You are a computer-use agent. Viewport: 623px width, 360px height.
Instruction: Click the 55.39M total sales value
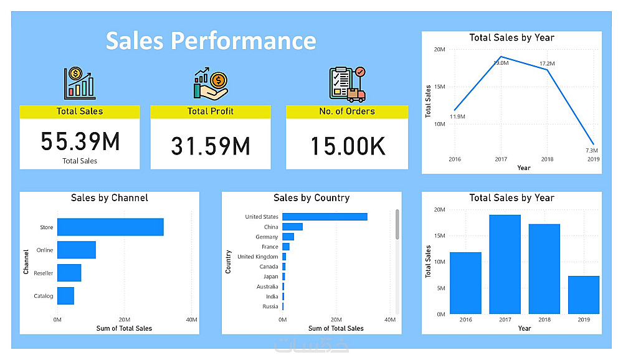80,142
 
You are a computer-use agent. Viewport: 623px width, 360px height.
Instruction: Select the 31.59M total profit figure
211,146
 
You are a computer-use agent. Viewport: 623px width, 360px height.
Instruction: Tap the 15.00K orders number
348,146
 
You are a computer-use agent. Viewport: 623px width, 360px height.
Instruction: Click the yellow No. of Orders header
347,111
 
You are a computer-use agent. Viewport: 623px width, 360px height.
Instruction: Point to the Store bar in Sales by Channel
110,227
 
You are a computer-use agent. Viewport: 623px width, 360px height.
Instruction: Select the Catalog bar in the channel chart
65,296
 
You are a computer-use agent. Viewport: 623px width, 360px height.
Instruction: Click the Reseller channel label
44,273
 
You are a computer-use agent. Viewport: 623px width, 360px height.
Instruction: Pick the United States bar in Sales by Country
325,217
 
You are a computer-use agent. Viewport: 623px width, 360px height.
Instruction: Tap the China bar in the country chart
292,227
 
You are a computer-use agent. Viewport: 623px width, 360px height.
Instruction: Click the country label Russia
270,306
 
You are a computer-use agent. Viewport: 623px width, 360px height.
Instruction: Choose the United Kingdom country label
258,257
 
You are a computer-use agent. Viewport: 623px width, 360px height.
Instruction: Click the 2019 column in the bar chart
584,295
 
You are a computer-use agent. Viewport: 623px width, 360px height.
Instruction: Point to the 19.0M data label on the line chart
502,63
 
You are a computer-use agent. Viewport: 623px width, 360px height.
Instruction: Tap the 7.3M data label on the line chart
591,151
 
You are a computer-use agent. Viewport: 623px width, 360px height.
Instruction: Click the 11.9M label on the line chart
457,117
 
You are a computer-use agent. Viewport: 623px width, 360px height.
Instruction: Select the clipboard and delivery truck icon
346,84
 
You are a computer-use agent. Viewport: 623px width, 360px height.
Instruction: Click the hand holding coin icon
211,84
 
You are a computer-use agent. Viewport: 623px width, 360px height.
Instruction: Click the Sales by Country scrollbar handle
397,224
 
